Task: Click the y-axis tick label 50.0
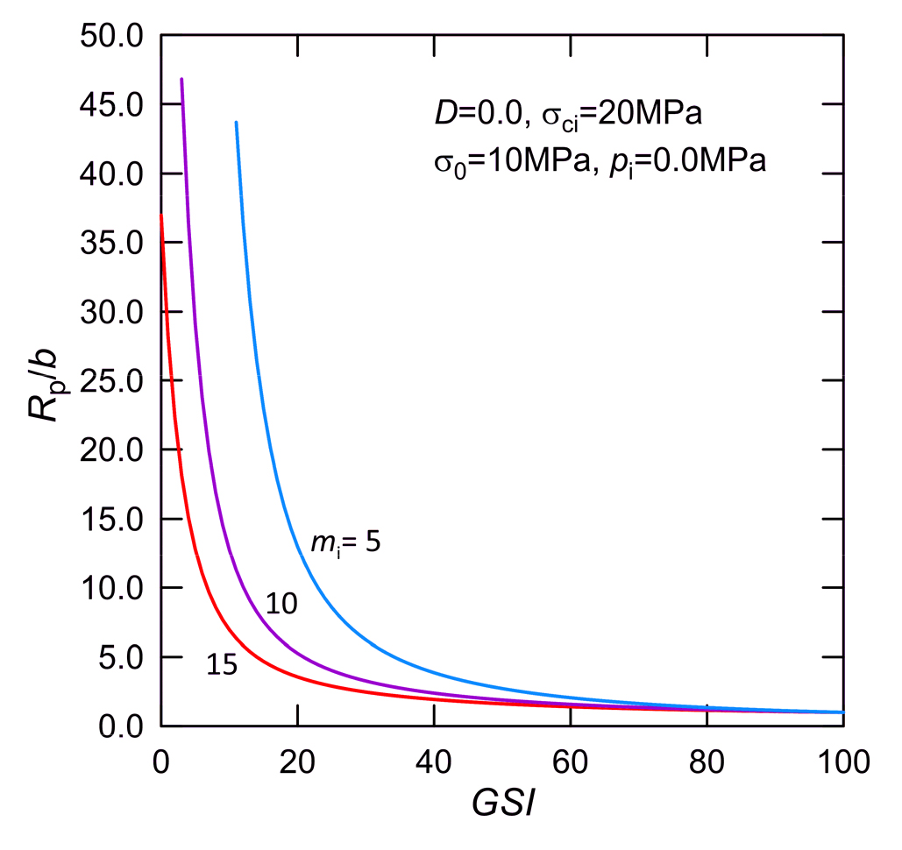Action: pos(111,37)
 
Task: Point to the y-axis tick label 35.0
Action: pos(111,244)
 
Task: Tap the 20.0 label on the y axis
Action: pos(111,450)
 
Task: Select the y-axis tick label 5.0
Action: pos(119,657)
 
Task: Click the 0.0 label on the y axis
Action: pos(119,726)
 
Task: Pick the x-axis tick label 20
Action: pos(297,761)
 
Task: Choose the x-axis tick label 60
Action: pos(571,761)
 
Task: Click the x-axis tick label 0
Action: pos(160,761)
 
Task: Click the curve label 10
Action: pos(282,604)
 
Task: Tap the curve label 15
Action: pos(222,665)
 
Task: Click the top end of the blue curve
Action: pos(236,123)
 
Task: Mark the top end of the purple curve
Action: pos(181,79)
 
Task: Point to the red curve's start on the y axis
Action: pos(160,215)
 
